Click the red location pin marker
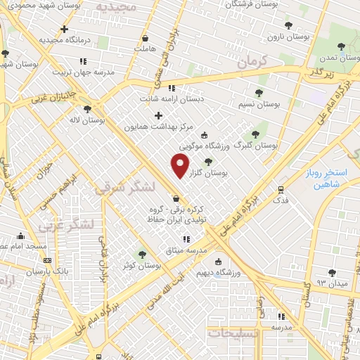[x=180, y=166]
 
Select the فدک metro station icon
[x=281, y=190]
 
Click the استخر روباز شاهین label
[x=333, y=178]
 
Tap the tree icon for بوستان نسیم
[x=259, y=93]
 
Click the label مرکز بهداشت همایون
[x=158, y=127]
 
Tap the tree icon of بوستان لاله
[x=86, y=109]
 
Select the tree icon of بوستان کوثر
[x=142, y=255]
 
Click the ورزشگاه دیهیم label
[x=236, y=271]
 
